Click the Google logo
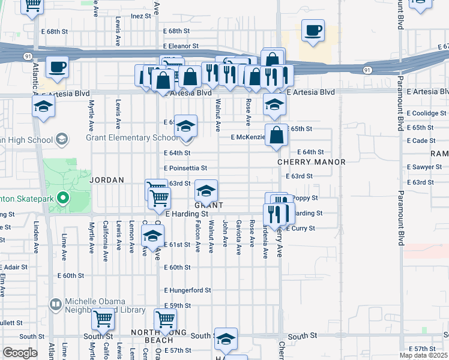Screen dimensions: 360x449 coord(20,353)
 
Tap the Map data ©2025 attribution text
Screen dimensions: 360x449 coord(423,355)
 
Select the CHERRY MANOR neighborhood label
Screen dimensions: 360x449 coord(312,163)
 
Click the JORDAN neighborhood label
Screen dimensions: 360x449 coord(106,180)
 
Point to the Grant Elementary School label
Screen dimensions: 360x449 coord(132,138)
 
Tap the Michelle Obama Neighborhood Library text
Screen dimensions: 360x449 coord(106,305)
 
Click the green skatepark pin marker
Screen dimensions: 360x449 coord(62,198)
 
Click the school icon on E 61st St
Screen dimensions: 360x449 coord(153,235)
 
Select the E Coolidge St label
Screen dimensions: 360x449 coord(428,113)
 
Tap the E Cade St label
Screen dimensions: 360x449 coord(421,140)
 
